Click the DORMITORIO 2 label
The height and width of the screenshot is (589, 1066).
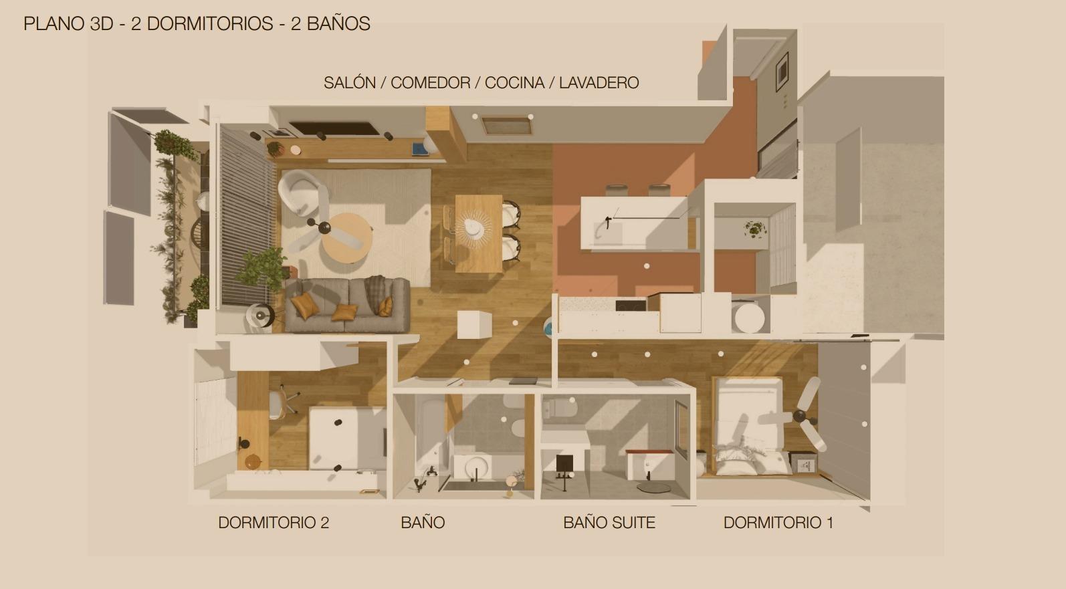(x=274, y=523)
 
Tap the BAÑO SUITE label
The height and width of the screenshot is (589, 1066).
(x=609, y=523)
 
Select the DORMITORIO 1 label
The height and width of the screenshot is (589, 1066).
(x=778, y=523)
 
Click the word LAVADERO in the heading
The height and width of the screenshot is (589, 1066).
(x=599, y=83)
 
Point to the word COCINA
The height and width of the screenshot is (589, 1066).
(x=514, y=83)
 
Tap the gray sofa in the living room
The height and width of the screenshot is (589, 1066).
(x=347, y=305)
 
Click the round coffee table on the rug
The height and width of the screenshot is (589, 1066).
(x=346, y=238)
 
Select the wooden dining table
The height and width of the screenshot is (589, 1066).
(x=479, y=233)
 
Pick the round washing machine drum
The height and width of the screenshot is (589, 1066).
(x=749, y=318)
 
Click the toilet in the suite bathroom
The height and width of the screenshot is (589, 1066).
(x=560, y=408)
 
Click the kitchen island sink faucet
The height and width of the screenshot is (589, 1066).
(x=608, y=222)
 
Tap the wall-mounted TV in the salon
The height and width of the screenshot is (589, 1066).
(x=334, y=128)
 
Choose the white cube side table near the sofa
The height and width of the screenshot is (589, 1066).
(x=474, y=324)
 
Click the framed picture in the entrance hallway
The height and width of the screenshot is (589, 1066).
(x=782, y=72)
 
